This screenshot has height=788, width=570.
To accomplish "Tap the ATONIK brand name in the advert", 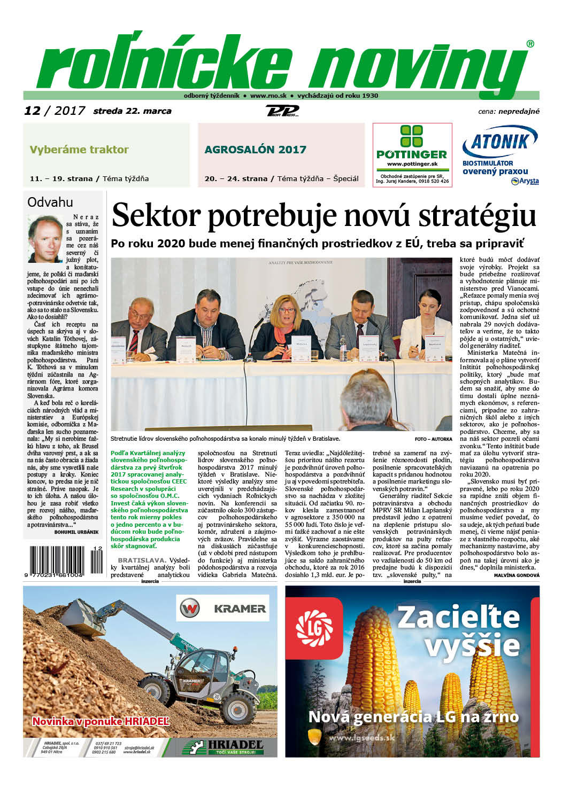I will click(500, 142).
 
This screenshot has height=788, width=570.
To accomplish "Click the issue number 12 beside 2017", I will click(32, 111).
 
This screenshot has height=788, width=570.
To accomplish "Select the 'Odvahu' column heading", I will click(50, 202).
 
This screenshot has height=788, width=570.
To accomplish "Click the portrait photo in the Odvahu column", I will click(45, 238).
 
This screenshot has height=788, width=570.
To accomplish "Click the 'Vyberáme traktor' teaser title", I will click(79, 150).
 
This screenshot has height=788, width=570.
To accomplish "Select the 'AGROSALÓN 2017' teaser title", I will click(255, 150).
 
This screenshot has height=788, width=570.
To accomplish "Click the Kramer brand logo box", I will click(222, 608).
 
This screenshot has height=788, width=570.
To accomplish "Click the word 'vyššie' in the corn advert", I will click(472, 645).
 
